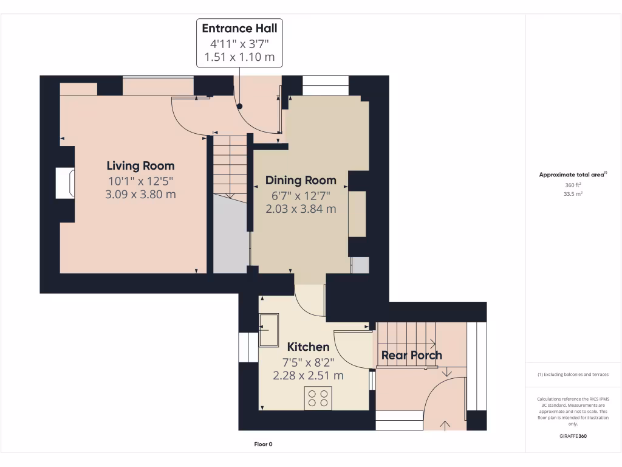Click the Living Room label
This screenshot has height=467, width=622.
point(140,165)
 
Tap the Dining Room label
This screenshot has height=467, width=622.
point(301,180)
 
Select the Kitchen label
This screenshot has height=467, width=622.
point(308,347)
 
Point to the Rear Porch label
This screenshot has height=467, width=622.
point(412,355)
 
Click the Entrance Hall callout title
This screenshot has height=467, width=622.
point(239,28)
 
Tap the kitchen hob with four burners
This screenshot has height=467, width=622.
point(318,398)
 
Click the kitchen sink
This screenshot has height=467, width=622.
point(269,330)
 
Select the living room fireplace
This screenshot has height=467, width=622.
point(65,183)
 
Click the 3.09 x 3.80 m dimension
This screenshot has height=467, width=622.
point(140,194)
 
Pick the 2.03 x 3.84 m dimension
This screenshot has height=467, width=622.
point(301,209)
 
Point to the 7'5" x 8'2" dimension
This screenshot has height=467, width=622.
point(308,362)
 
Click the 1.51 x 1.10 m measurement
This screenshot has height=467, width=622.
point(239,57)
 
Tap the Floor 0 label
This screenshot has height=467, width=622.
point(264,444)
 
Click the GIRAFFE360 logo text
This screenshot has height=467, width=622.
point(573,436)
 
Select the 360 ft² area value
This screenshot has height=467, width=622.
point(573,185)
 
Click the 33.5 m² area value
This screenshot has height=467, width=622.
point(573,194)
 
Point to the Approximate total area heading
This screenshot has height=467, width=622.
point(573,175)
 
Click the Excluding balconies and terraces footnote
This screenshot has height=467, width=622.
point(573,375)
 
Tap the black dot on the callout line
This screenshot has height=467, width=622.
point(239,106)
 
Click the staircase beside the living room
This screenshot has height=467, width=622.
point(230,167)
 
